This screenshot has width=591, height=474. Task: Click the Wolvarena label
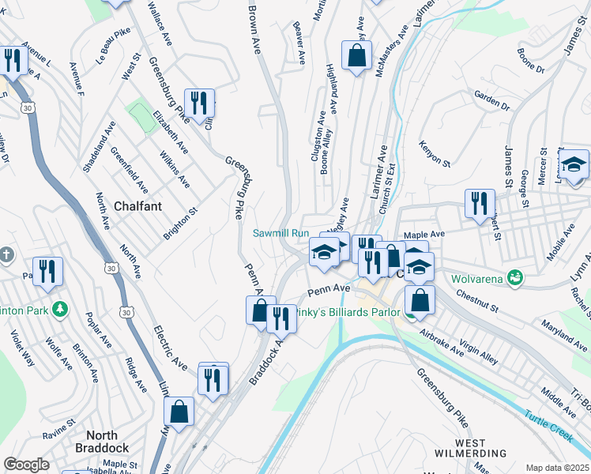pyautogui.click(x=477, y=278)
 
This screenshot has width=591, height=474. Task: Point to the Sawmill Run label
pyautogui.click(x=280, y=233)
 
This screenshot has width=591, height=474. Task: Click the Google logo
pyautogui.click(x=27, y=465)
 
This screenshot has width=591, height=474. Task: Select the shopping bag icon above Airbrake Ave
pyautogui.click(x=420, y=299)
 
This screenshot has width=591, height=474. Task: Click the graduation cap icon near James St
pyautogui.click(x=574, y=164)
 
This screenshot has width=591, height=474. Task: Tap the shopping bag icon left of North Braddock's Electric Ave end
pyautogui.click(x=179, y=411)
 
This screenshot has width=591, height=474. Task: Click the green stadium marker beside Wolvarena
pyautogui.click(x=516, y=277)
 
